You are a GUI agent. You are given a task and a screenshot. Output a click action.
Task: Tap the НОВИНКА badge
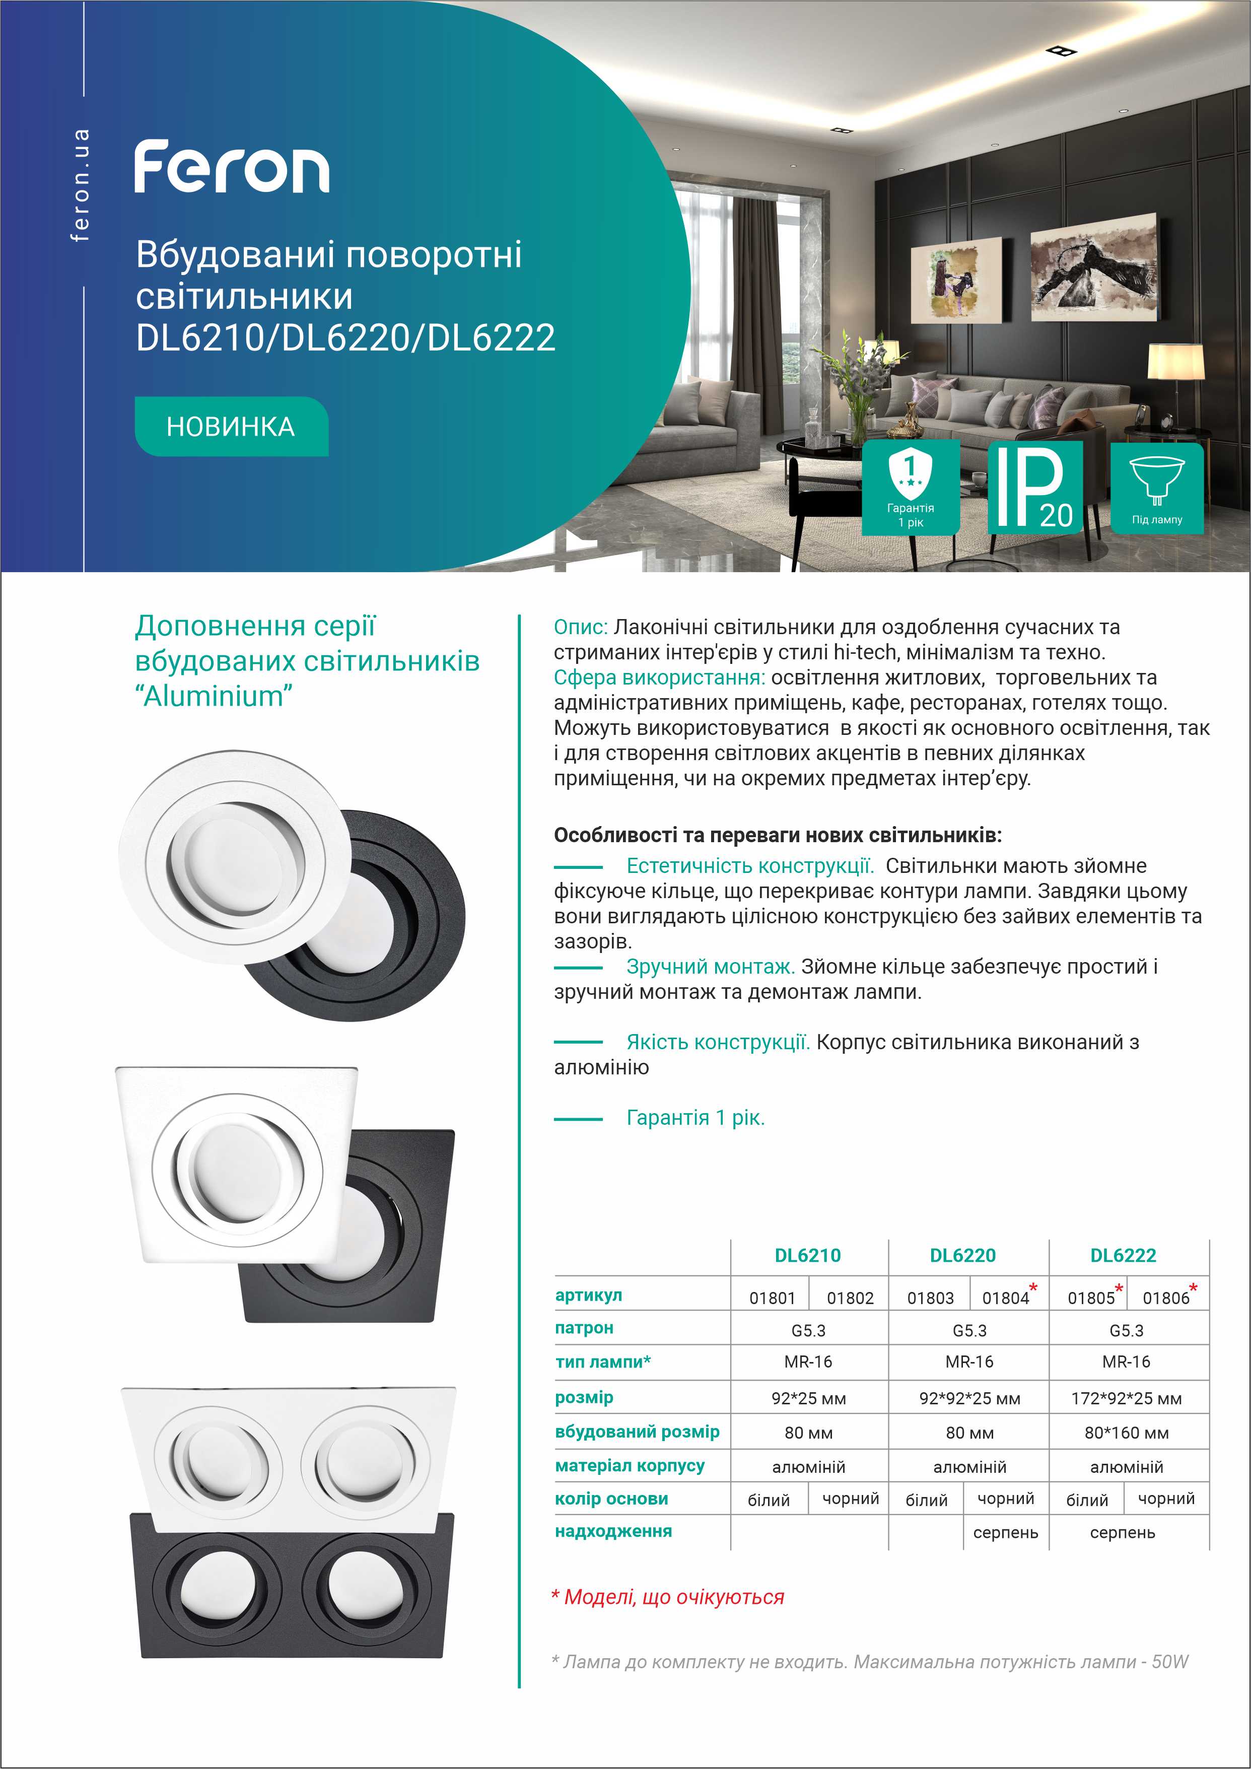tap(231, 427)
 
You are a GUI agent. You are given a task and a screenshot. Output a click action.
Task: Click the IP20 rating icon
tap(1034, 488)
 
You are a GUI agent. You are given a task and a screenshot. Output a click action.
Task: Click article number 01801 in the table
tap(772, 1298)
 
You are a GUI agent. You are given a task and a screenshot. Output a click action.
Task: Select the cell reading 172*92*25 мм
tap(1126, 1398)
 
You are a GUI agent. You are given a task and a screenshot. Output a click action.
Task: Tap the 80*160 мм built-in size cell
tap(1126, 1433)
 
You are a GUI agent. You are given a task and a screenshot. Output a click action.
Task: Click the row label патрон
tap(584, 1328)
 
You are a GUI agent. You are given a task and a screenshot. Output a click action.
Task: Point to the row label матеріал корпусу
tap(630, 1465)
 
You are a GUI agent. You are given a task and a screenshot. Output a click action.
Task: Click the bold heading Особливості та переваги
tap(777, 835)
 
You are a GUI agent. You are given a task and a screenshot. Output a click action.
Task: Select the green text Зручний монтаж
tap(710, 966)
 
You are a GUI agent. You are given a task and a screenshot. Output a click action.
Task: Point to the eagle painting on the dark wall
tap(1094, 266)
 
